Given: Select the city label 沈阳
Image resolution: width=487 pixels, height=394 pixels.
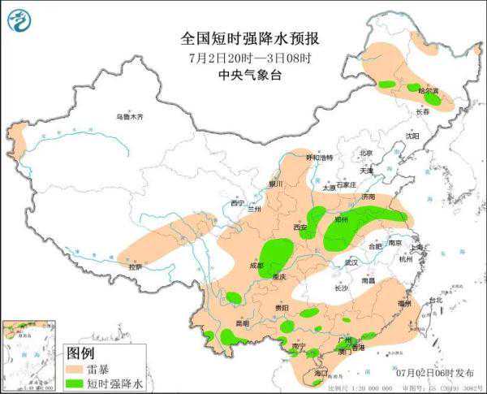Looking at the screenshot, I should point(414,136).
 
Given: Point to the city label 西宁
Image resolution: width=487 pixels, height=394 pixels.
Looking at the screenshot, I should point(237,203).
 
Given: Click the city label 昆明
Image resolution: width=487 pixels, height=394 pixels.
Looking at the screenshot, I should point(242,323).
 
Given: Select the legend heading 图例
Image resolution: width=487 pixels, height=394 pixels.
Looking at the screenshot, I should point(80,353).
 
